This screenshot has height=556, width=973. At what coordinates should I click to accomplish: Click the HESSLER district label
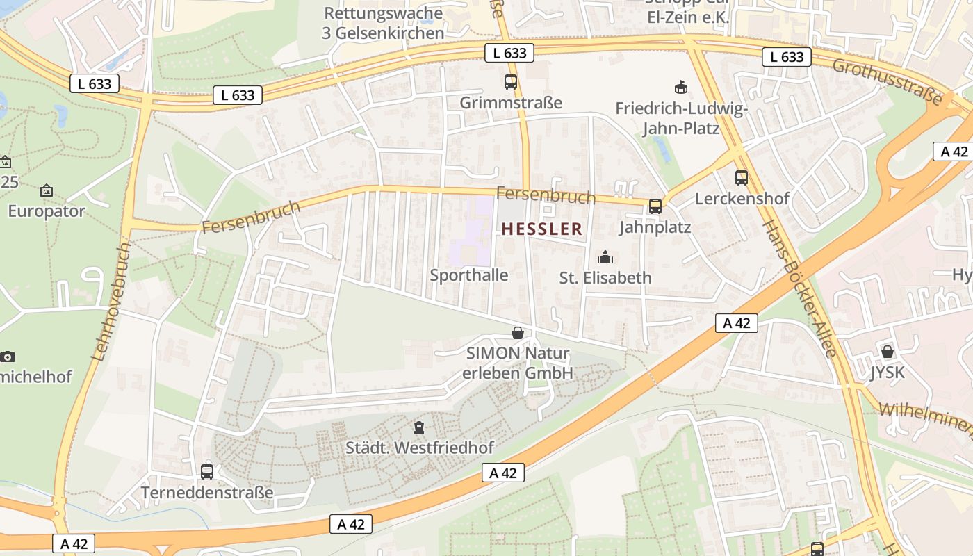point(541,229)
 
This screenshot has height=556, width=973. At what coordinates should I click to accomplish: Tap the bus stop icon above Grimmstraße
point(511,82)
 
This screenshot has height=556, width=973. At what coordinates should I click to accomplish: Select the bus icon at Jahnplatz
point(655,206)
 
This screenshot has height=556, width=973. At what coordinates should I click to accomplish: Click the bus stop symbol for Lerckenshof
point(742,177)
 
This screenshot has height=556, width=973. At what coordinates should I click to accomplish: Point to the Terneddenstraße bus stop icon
point(207,471)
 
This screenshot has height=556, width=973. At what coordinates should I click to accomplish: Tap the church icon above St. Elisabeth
point(605,257)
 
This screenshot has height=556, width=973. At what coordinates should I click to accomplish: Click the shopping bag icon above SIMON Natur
point(517,333)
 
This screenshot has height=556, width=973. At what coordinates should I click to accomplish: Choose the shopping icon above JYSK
point(887,352)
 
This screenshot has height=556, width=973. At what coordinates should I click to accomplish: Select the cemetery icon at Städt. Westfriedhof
point(418,427)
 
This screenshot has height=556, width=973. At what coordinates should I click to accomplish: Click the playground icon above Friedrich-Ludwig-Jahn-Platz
point(680,87)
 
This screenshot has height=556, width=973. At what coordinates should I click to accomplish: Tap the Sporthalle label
point(469,275)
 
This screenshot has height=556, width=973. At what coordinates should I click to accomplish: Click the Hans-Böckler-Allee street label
point(799,288)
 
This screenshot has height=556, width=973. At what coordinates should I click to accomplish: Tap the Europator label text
point(47,211)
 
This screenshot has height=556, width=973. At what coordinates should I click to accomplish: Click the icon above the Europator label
point(47,190)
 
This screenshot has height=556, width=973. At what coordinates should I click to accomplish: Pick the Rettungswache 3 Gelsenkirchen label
point(383,23)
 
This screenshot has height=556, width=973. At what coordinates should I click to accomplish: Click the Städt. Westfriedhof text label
point(421,448)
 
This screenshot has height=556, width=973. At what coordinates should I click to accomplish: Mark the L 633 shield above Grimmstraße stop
point(509,53)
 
